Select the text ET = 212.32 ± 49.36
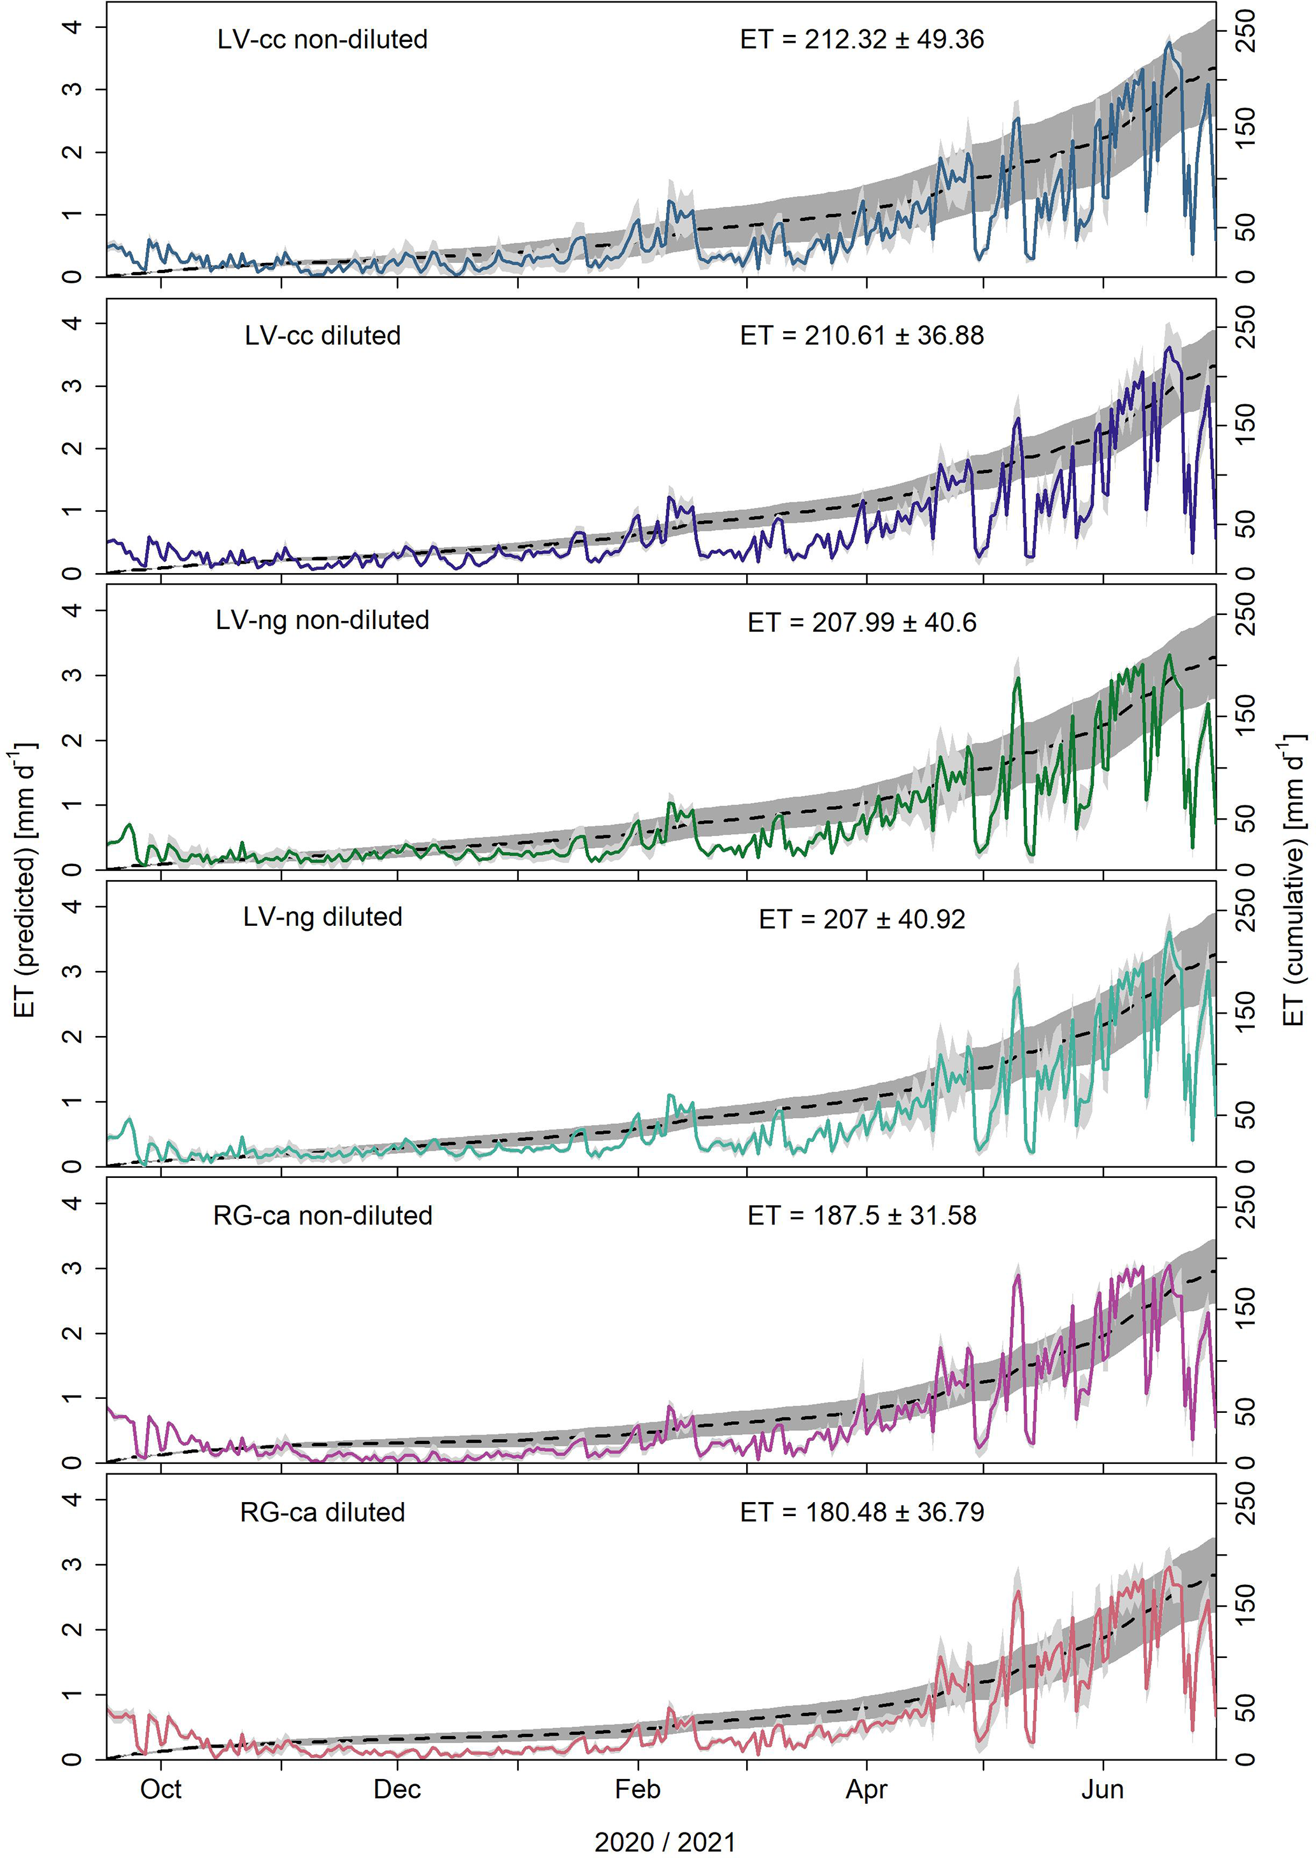click(861, 39)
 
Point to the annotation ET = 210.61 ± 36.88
click(861, 336)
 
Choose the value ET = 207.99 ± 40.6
click(861, 622)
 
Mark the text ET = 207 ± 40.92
click(861, 919)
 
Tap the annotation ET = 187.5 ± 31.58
click(861, 1216)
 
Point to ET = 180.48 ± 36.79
click(861, 1512)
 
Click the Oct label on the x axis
click(160, 1789)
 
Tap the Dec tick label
click(397, 1789)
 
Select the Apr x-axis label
click(867, 1789)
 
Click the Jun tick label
click(1102, 1789)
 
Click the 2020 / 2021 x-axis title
click(665, 1842)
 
